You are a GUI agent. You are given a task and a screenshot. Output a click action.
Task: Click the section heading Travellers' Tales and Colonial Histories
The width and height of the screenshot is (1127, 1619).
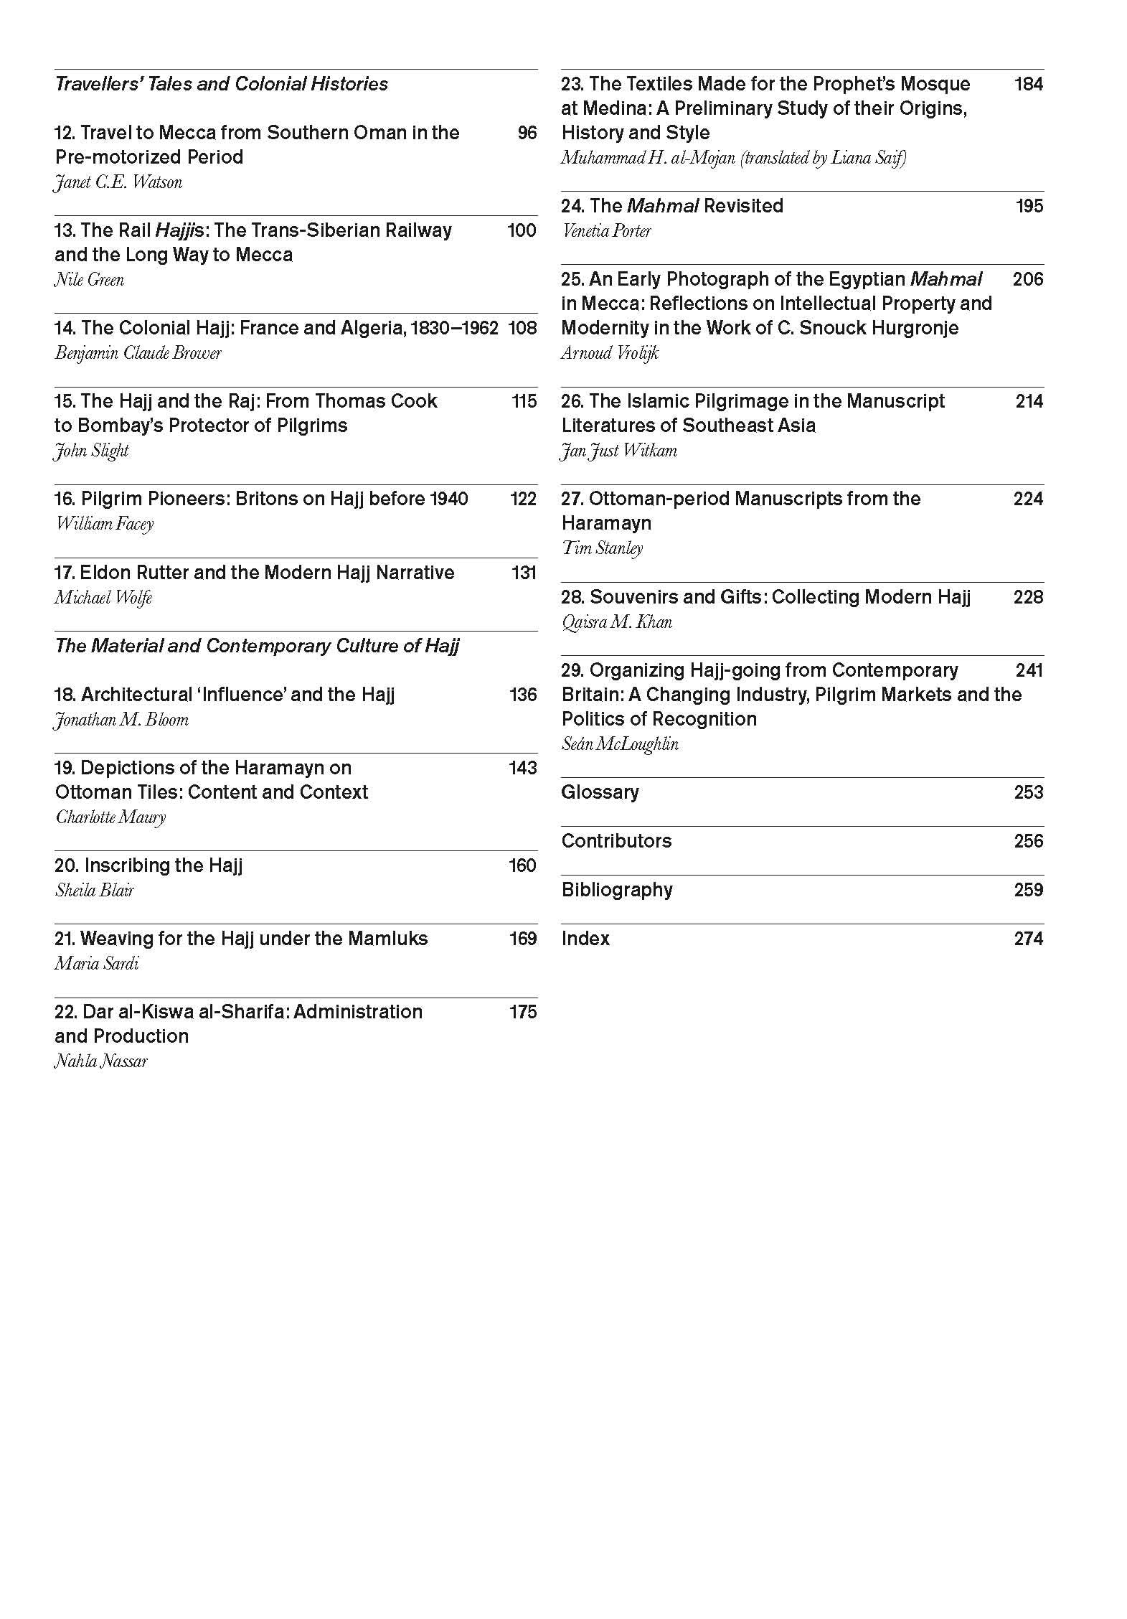click(x=221, y=84)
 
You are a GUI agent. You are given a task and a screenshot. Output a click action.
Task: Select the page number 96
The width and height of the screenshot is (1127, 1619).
click(x=527, y=133)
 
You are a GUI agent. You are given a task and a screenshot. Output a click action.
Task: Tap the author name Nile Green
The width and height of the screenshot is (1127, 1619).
click(x=89, y=279)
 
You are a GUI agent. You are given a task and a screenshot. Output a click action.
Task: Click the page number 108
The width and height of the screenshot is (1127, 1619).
click(x=522, y=328)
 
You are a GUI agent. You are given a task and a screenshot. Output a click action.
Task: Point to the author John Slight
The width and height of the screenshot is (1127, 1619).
click(x=91, y=451)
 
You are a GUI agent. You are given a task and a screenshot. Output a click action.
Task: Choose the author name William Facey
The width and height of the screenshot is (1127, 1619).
click(x=104, y=524)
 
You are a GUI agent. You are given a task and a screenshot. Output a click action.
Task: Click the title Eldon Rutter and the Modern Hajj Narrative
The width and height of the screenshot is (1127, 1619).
click(x=254, y=573)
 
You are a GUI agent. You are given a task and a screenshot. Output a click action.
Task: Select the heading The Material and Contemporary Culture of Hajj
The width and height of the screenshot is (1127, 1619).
click(x=257, y=646)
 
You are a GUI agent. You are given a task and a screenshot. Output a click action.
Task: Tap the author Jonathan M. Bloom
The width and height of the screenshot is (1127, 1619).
click(x=121, y=720)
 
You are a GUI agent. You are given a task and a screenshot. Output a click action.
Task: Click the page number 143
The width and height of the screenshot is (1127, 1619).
click(x=522, y=768)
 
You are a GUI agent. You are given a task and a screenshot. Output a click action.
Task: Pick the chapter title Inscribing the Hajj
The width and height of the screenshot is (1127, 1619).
click(x=148, y=865)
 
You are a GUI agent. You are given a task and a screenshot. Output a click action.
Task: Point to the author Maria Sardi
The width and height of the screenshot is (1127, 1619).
click(x=96, y=963)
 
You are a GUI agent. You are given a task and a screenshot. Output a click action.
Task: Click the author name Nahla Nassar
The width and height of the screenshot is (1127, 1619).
click(x=100, y=1061)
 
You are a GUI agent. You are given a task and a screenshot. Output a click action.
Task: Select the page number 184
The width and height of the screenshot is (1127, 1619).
click(x=1028, y=84)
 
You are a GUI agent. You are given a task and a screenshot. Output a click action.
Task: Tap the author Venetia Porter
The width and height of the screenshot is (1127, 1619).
click(x=606, y=231)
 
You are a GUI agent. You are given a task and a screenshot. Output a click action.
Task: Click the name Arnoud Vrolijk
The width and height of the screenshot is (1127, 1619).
click(x=609, y=353)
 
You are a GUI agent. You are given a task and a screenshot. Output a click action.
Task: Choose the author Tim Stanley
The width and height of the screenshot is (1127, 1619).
click(x=602, y=548)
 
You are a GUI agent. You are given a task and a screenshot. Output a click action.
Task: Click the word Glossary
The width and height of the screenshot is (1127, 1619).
click(x=600, y=792)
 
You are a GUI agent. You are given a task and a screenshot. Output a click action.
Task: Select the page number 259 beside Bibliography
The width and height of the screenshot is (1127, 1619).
click(x=1028, y=890)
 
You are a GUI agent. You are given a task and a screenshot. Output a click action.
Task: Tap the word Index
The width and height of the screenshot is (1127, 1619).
click(x=585, y=939)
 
